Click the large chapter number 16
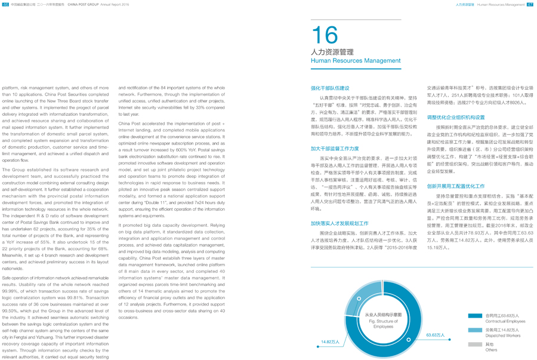[x=325, y=36]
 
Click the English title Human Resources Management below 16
[x=356, y=61]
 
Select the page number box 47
[x=529, y=4]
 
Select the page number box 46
[x=5, y=4]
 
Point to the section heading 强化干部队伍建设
[x=330, y=88]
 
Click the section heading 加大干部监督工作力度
[x=334, y=149]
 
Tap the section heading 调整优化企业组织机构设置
[x=456, y=118]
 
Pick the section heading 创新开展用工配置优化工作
[x=456, y=186]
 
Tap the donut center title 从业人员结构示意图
[x=383, y=315]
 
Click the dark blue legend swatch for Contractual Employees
[x=475, y=316]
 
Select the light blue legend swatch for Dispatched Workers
[x=475, y=330]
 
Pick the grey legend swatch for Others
[x=475, y=344]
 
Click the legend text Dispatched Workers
[x=503, y=336]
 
